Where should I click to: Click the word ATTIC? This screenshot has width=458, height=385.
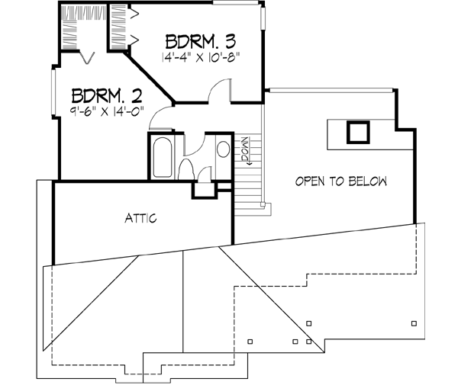pos(140,219)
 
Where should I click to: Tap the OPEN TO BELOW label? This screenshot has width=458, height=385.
pos(341,181)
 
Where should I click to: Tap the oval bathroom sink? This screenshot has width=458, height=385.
pos(223,148)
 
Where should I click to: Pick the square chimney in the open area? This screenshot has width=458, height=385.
pos(357,133)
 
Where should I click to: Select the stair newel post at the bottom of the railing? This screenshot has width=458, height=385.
pos(263,204)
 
